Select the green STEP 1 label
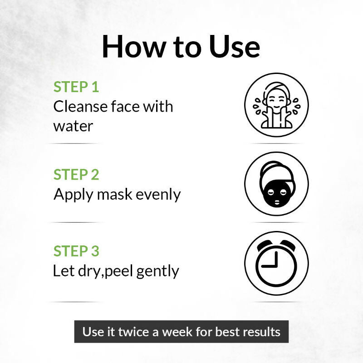tap(76, 87)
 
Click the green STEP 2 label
tap(76, 174)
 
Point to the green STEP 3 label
tap(76, 251)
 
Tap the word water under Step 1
tap(73, 127)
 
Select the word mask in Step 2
tap(115, 194)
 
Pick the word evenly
tap(158, 195)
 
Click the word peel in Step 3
tap(119, 271)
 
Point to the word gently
tap(157, 271)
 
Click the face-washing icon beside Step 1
tap(276, 105)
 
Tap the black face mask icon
tap(276, 184)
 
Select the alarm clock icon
tap(276, 263)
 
